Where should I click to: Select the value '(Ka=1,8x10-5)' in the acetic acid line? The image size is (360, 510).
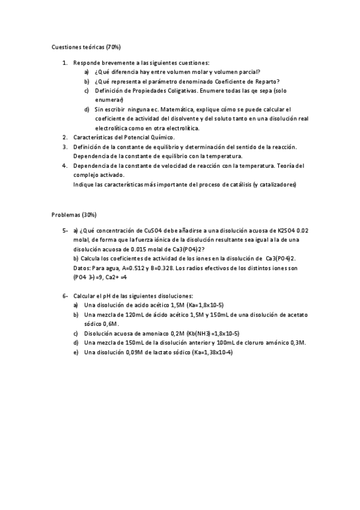(x=203, y=306)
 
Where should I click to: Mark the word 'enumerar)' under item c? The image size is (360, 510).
(x=109, y=99)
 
